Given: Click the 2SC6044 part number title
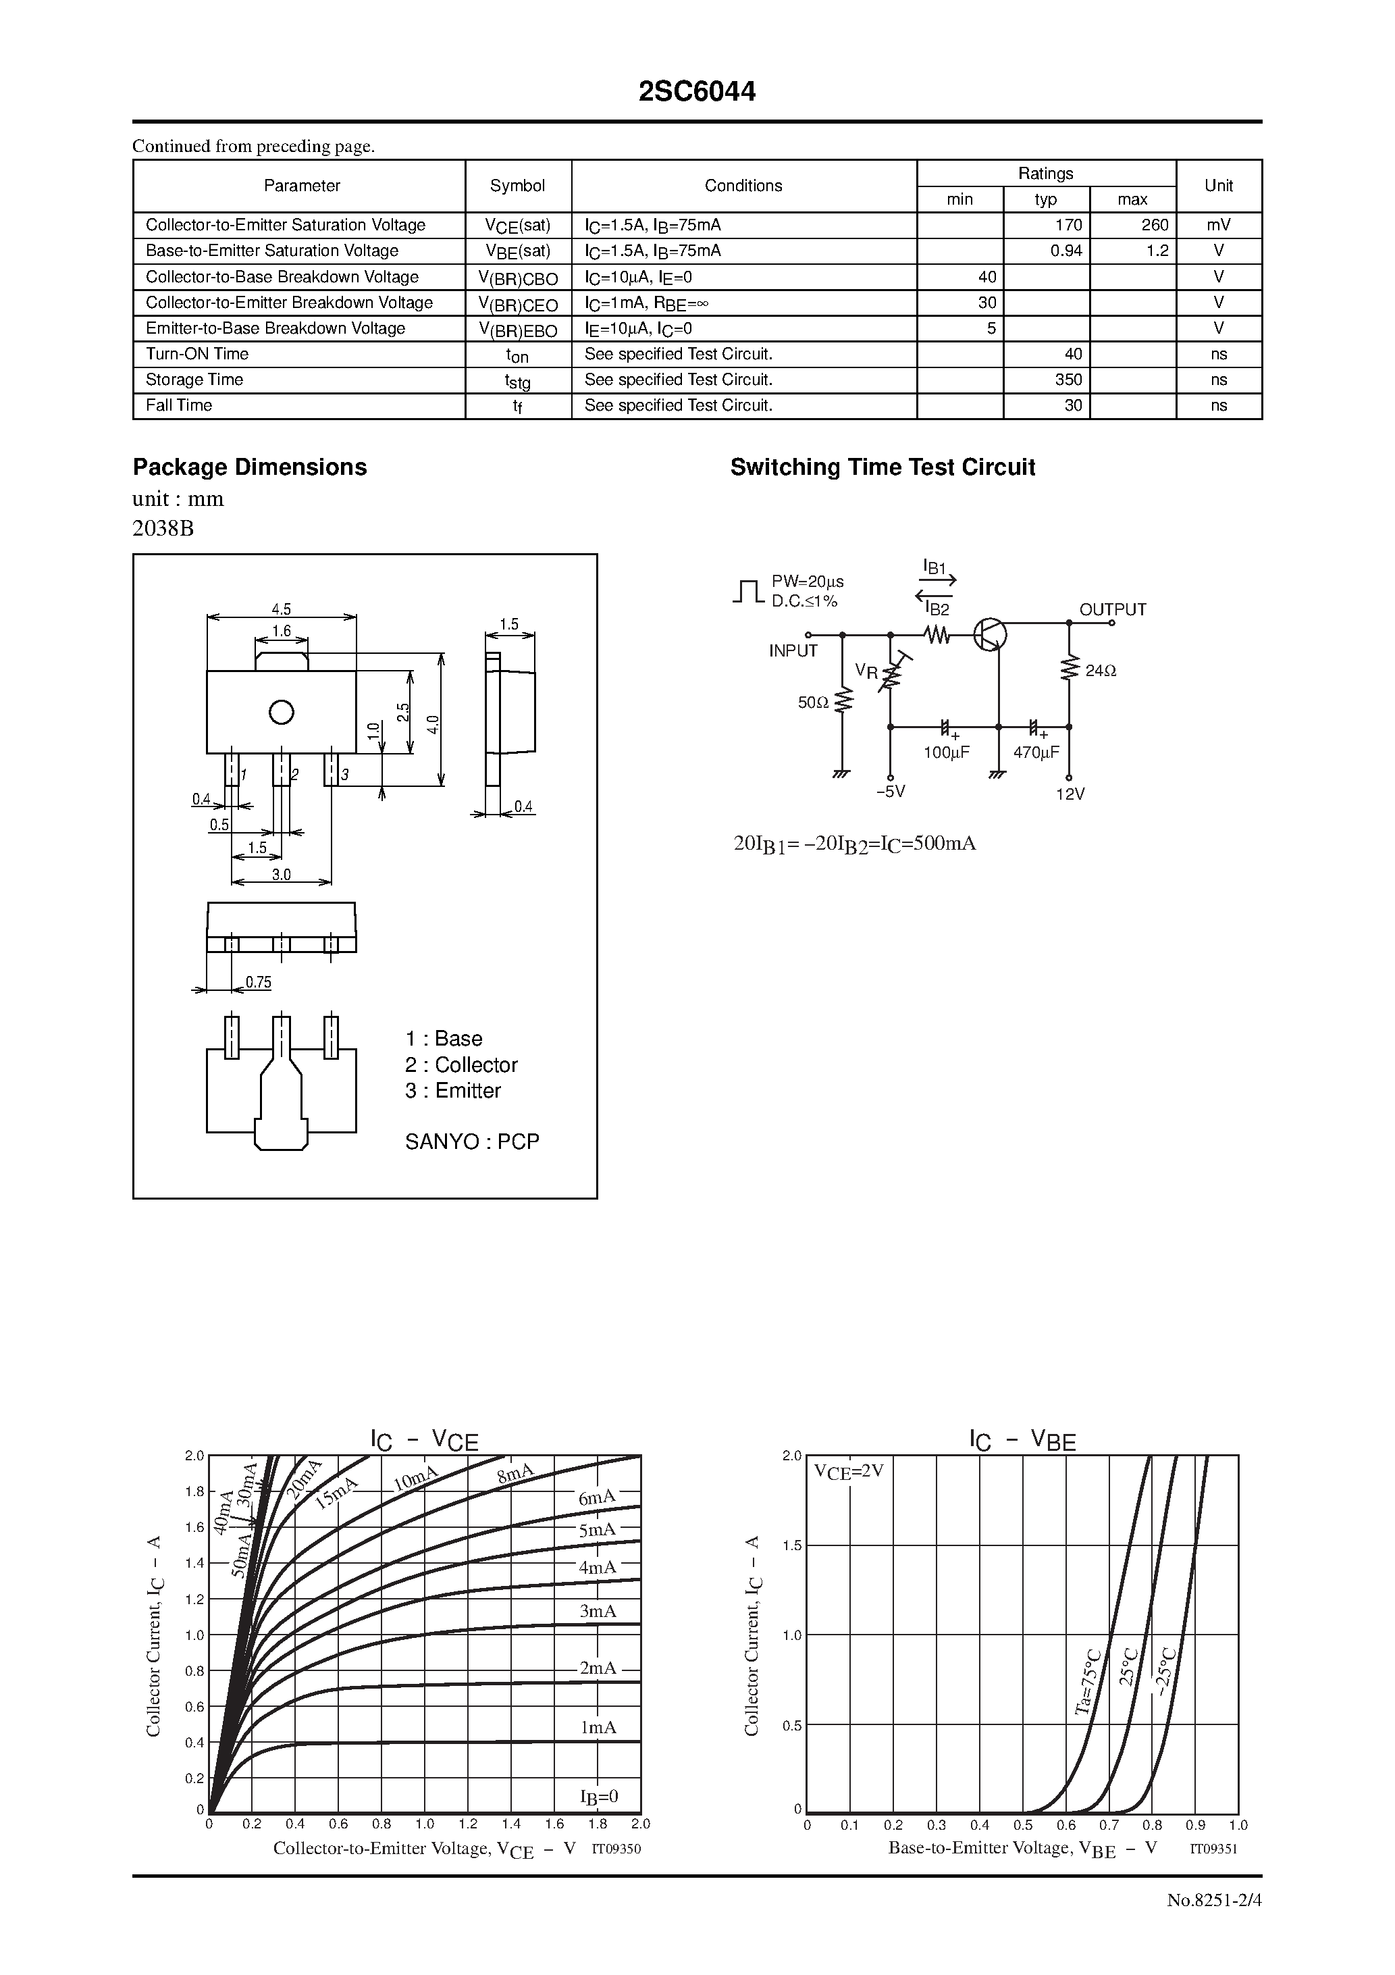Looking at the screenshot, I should (697, 92).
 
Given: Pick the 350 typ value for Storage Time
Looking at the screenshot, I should (1068, 380).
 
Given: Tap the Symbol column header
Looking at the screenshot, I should (517, 186).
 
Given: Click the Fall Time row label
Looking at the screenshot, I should (179, 405).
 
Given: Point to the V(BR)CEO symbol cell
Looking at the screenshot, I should (518, 304).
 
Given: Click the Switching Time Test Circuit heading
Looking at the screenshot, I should (882, 467).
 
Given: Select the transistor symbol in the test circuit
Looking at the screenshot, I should (990, 635).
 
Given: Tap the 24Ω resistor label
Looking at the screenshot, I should (1100, 670).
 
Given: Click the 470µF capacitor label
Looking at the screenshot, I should (1036, 752).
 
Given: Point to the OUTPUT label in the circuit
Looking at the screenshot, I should (1112, 609).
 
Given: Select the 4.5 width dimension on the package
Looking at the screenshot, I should (282, 608).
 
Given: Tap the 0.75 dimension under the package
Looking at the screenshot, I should (258, 982).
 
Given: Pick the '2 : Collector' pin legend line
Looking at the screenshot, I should (461, 1065).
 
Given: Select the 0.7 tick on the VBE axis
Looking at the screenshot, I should (1109, 1824).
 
